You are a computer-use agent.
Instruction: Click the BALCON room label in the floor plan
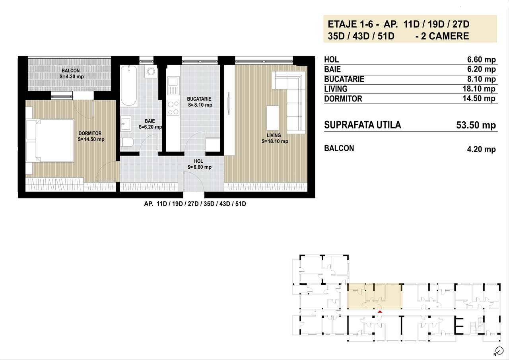70,71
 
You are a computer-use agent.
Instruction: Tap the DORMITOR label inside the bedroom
90,134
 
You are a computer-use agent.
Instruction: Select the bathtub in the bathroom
129,85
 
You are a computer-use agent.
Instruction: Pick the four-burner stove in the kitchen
173,107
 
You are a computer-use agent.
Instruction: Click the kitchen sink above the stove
173,82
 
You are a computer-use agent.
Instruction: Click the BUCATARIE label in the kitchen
199,99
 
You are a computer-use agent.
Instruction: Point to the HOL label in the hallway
198,161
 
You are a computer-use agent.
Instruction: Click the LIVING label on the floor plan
274,136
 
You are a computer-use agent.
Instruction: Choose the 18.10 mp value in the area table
481,89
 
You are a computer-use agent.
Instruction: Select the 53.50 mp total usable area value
476,125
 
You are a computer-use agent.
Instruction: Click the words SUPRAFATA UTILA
363,125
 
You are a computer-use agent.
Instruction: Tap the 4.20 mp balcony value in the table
482,150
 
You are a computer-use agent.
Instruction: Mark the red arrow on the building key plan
380,311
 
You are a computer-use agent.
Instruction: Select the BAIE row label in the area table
332,69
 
